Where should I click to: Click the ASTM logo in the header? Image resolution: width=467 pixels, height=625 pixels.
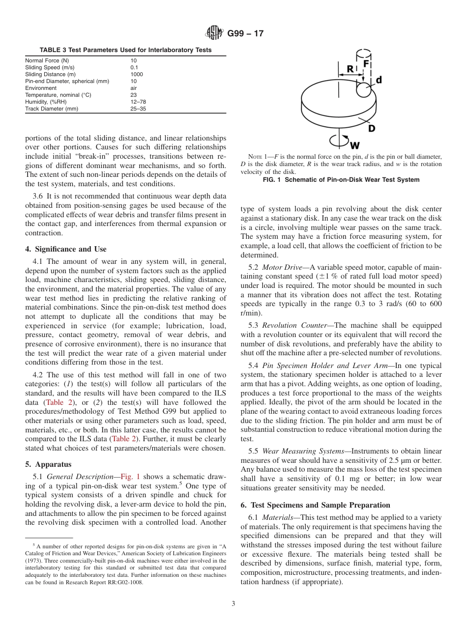click(213, 33)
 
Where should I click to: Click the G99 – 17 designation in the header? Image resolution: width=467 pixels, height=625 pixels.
click(245, 34)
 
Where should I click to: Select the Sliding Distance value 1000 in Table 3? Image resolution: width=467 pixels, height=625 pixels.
click(137, 74)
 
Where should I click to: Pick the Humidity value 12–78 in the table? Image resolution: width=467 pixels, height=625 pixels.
click(138, 102)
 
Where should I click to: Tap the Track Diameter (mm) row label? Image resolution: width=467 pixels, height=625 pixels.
click(52, 109)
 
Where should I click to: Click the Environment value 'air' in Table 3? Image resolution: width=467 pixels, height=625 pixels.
click(134, 88)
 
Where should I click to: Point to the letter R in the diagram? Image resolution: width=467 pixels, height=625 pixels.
click(350, 69)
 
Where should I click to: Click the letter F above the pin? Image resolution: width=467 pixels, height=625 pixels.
click(366, 64)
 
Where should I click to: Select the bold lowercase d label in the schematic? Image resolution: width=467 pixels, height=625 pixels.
click(379, 80)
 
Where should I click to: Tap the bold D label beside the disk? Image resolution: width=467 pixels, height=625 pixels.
click(372, 128)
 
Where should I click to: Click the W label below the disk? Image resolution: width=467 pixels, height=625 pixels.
click(356, 145)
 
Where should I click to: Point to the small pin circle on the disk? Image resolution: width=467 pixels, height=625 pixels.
click(364, 89)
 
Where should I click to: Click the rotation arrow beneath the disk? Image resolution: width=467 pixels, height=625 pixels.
click(340, 142)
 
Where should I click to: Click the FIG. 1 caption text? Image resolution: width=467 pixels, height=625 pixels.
click(341, 180)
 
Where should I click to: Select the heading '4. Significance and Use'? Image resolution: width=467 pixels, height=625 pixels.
click(65, 249)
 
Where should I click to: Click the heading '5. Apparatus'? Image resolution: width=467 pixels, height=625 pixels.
click(48, 464)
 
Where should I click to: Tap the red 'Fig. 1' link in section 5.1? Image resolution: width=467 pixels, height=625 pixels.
click(130, 476)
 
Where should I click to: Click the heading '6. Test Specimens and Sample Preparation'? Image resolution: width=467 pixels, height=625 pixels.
click(315, 505)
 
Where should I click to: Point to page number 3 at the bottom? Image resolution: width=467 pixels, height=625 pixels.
click(233, 604)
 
